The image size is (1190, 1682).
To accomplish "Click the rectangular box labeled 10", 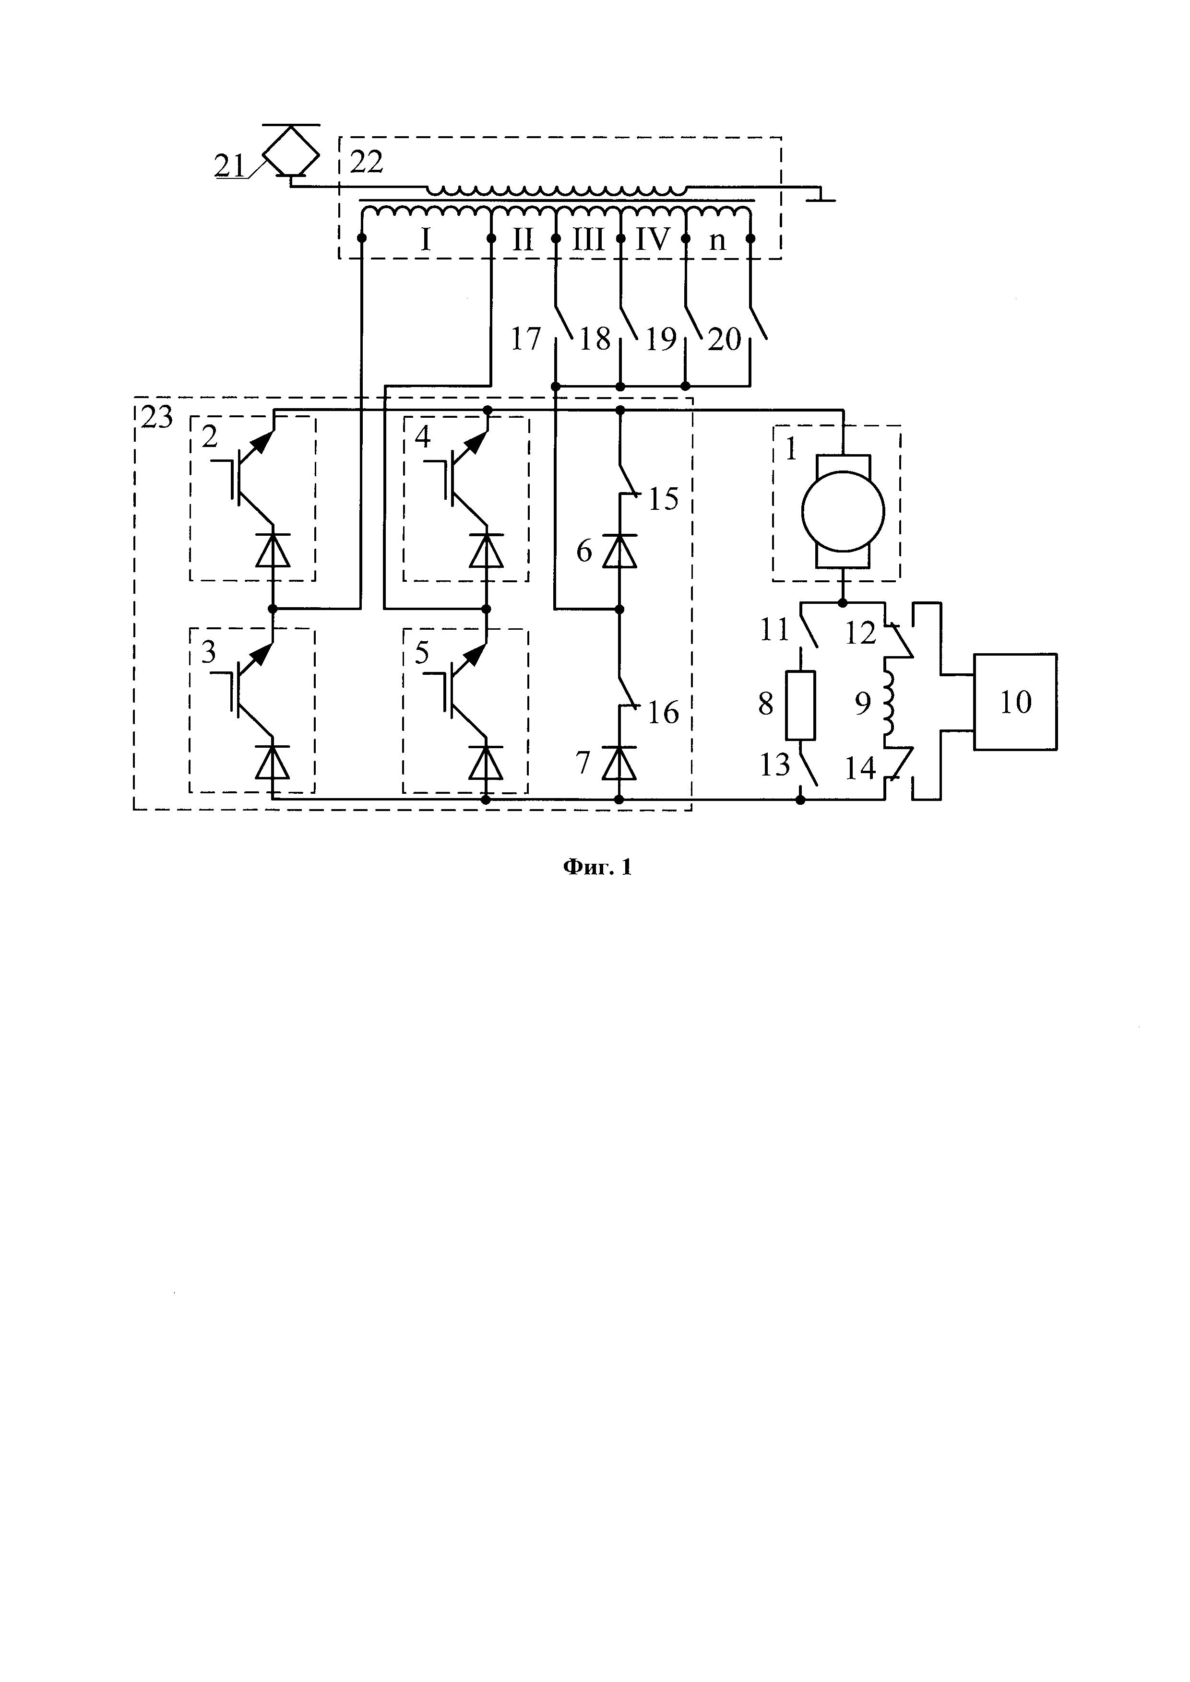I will click(1015, 702).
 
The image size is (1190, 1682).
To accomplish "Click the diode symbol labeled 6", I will click(619, 551).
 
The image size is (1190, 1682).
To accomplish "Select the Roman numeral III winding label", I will click(588, 239).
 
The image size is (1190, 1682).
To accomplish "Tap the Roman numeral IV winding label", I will click(652, 239).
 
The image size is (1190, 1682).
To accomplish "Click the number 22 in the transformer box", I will click(367, 162).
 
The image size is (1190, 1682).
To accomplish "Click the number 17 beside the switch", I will click(525, 339).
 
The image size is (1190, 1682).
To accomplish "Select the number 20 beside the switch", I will click(725, 339).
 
